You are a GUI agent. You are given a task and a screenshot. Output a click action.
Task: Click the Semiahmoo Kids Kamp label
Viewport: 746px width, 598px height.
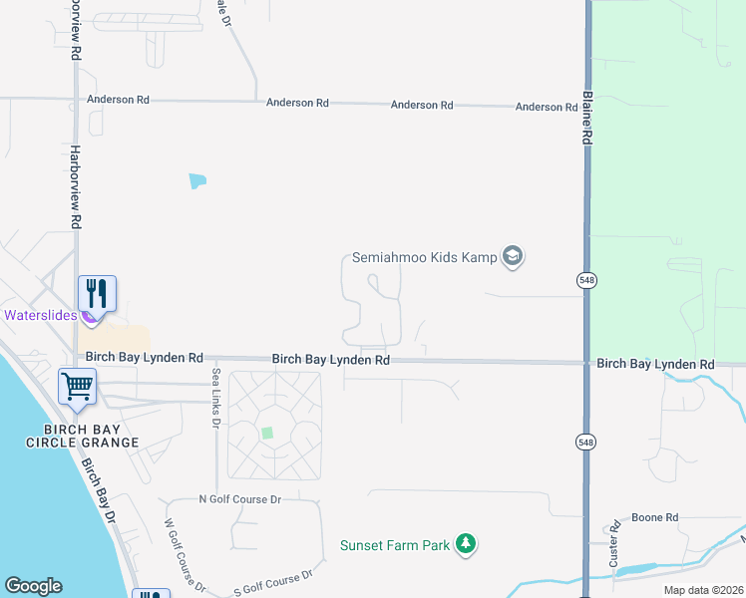point(424,257)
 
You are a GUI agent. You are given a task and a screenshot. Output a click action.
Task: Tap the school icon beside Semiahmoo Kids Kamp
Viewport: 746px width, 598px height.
point(513,257)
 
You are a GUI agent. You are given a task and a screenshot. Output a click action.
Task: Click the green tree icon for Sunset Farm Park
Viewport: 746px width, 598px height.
point(464,544)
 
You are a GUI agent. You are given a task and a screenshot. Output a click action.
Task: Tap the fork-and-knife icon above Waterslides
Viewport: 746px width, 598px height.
point(97,292)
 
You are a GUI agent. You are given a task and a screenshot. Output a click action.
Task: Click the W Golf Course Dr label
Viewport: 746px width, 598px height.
point(185,554)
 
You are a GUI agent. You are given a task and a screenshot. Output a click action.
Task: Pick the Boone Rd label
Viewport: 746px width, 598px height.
point(655,518)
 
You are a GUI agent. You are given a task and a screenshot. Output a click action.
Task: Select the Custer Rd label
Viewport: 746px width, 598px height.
point(615,548)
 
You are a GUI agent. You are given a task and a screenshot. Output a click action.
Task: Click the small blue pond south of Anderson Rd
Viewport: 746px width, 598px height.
point(197,181)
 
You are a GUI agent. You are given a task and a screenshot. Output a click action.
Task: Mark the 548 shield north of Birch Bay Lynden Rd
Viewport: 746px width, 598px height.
point(586,282)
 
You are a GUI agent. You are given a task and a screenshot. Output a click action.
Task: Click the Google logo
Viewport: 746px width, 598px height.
point(33,586)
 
